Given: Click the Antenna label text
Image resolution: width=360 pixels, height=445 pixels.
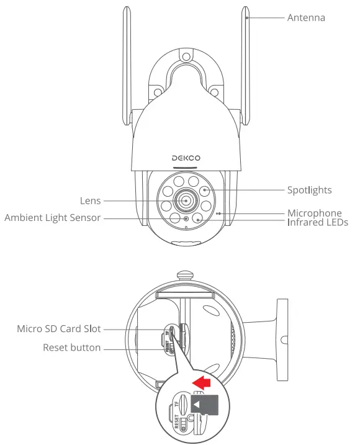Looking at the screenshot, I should pos(305,17).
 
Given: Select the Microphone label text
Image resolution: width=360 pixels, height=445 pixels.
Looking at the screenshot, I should pos(314,213).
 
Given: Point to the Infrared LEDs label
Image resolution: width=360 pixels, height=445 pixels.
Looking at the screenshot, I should pos(317,222).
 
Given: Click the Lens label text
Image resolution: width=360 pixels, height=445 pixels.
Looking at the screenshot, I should pos(90,201).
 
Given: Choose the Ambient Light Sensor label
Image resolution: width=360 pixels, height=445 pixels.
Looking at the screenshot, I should pos(52,218).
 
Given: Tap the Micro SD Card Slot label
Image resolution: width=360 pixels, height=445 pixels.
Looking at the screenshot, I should pos(58,328).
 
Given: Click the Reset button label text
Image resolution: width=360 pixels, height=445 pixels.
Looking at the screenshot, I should pos(71,348).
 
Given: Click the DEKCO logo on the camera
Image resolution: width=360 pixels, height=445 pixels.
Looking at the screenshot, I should pos(186,159).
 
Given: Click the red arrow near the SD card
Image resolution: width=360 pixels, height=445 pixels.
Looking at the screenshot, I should pos(200,379).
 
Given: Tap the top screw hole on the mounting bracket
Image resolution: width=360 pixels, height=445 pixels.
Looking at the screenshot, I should pos(186,58).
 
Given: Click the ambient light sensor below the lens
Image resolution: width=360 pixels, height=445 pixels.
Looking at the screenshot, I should pos(186,219).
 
